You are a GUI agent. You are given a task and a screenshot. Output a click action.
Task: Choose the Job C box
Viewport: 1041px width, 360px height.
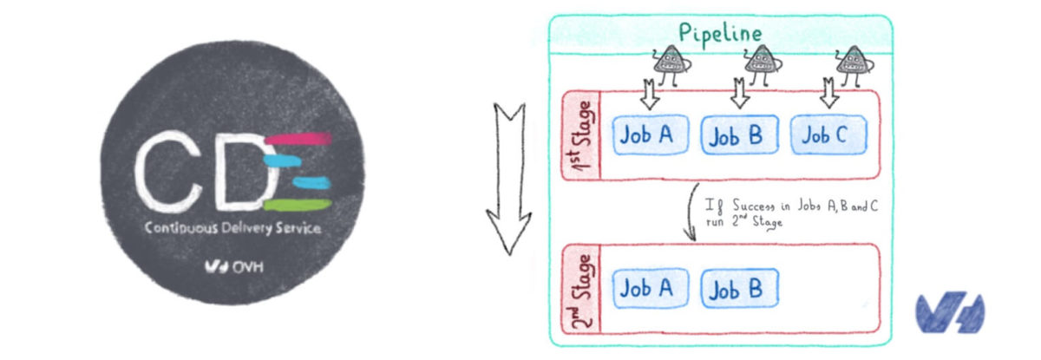click(828, 134)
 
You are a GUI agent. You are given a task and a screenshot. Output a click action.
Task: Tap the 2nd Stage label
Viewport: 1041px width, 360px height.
click(581, 291)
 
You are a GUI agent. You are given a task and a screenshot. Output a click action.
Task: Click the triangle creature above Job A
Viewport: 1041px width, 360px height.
click(668, 62)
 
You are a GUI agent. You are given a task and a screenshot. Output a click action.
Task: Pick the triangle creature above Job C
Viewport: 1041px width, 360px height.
click(849, 62)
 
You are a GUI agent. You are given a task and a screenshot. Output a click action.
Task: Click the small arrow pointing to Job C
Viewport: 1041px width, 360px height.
click(829, 92)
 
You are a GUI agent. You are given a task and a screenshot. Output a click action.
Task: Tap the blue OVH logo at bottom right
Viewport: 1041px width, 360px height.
click(949, 312)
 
